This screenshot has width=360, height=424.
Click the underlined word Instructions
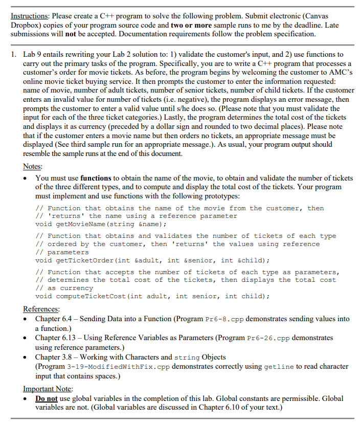click(x=28, y=15)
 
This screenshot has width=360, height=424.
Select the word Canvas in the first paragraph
click(x=329, y=15)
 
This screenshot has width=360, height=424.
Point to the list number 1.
click(x=14, y=54)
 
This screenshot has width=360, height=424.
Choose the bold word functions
click(x=96, y=178)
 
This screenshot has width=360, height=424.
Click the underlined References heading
click(x=41, y=308)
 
